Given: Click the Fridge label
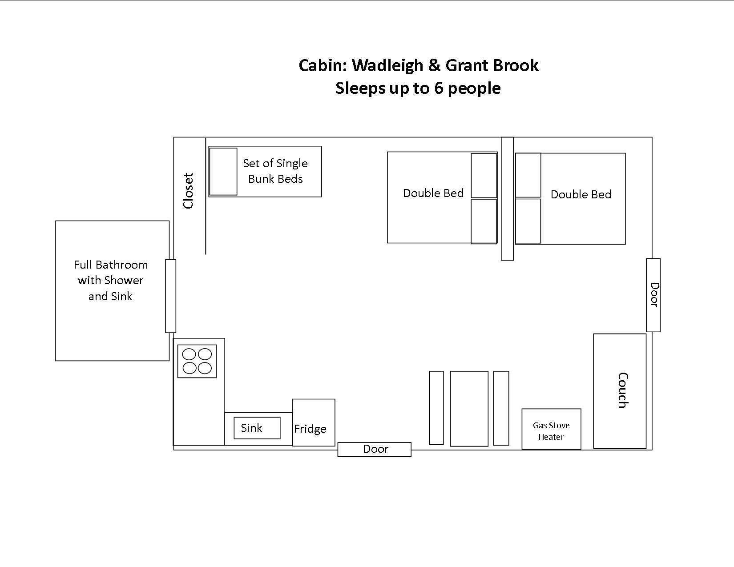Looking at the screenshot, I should (x=310, y=429).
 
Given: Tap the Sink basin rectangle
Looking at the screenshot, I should (x=257, y=428).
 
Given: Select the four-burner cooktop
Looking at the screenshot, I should (x=197, y=361).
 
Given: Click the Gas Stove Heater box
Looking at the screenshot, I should (x=551, y=429).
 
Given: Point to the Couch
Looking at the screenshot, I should (x=620, y=390).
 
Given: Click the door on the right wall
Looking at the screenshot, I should (x=653, y=295).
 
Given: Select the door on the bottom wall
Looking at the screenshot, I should (x=374, y=449).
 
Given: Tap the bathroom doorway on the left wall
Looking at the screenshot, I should (x=170, y=296).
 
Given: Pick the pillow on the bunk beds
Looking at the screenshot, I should (x=223, y=172).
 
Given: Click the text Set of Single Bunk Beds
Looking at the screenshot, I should (x=275, y=171).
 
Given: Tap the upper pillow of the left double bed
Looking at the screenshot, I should (x=484, y=176).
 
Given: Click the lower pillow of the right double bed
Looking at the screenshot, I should (x=528, y=221).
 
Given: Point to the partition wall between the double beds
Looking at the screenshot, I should (x=507, y=198).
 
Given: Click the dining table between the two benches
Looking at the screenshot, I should (x=469, y=408).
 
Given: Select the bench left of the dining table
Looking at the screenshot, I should (x=436, y=408).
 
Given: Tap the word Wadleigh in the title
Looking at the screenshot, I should (x=387, y=65).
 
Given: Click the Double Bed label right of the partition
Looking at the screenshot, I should (x=581, y=194).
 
